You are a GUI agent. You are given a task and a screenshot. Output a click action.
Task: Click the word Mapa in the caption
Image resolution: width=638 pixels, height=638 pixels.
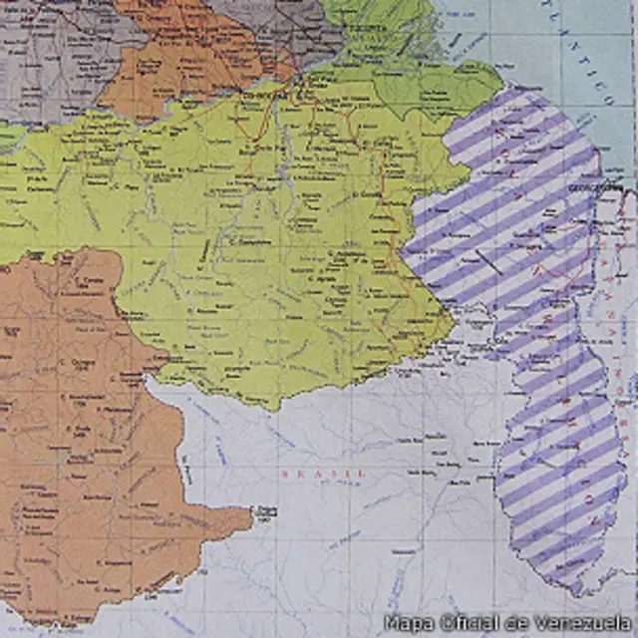[408, 622]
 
